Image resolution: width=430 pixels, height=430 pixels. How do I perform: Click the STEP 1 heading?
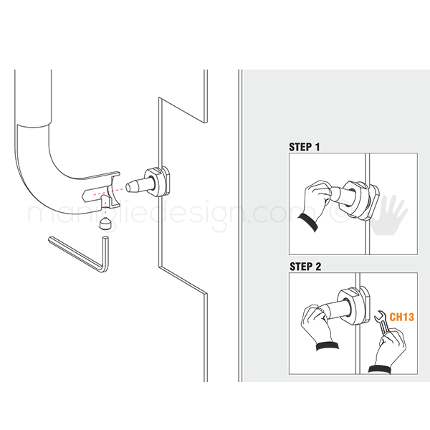304,147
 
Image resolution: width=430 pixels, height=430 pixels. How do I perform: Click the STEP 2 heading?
305,267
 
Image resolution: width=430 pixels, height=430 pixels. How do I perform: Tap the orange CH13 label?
402,317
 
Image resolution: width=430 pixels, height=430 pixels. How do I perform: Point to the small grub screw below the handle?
105,224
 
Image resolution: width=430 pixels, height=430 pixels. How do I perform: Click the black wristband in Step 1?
308,222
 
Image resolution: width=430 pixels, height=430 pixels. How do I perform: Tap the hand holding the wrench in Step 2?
390,348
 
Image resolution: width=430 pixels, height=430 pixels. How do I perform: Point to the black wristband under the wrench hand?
380,369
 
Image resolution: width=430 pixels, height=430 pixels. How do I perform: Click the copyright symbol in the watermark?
338,213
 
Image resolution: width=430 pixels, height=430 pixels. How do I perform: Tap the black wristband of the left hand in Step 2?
328,346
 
